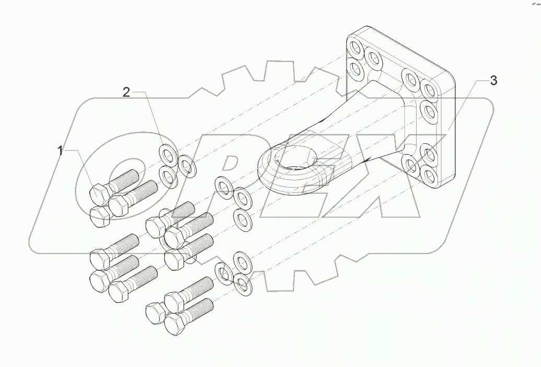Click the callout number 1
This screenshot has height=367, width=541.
coord(61,151)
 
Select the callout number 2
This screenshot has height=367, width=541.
coord(126,93)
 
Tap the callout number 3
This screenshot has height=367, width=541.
coord(493,81)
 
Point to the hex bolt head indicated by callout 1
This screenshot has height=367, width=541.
coord(99,194)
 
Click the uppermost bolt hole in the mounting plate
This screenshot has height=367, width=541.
coord(356,50)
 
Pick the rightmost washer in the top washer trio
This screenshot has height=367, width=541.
coord(185,166)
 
